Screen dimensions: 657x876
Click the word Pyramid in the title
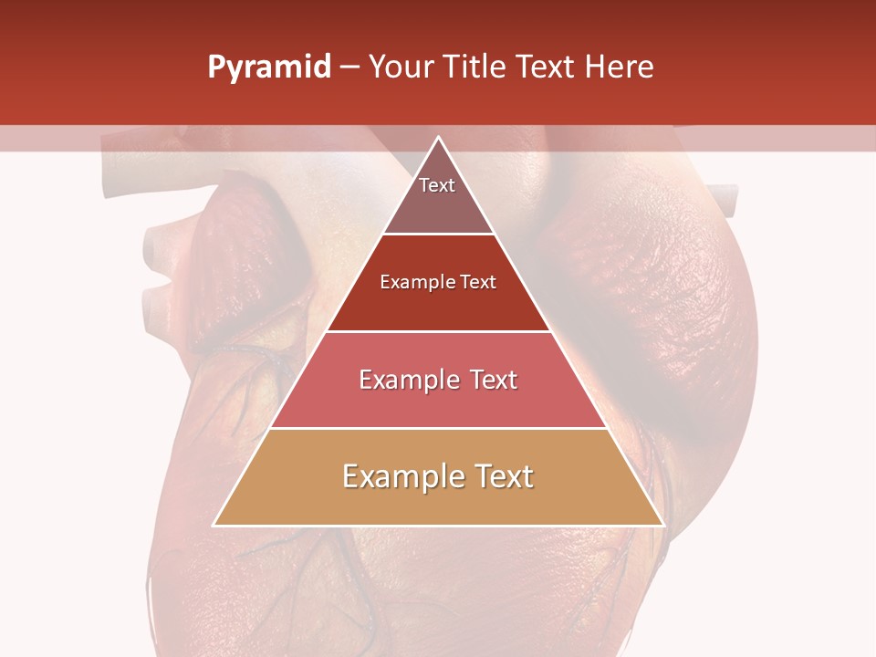[x=268, y=68]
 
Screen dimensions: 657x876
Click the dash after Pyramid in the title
[x=349, y=68]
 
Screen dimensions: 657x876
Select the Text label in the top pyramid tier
[x=437, y=185]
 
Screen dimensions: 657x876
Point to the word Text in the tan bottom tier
[x=502, y=476]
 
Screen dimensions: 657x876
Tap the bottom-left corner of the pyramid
[x=214, y=525]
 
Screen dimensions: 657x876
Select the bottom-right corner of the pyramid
[x=662, y=525]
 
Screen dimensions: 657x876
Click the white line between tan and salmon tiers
[x=439, y=428]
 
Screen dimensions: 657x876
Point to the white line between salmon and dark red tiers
[x=439, y=331]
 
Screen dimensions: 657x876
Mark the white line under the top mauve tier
[x=439, y=235]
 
